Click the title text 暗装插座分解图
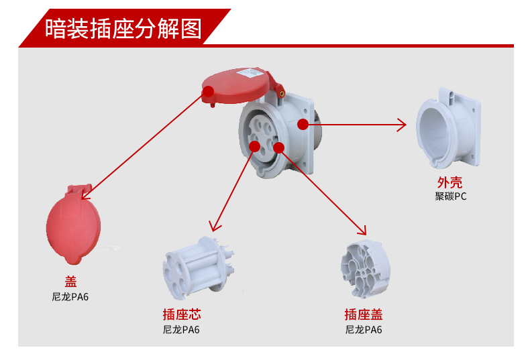coord(123,29)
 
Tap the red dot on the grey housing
coord(303,123)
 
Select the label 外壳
coord(449,182)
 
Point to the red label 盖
coord(70,282)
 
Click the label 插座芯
coord(181,314)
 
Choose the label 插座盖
coord(364,314)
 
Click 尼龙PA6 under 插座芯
coord(181,330)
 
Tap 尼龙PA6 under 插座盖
coord(364,330)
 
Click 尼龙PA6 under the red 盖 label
coord(70,296)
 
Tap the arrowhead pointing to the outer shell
coord(403,124)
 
